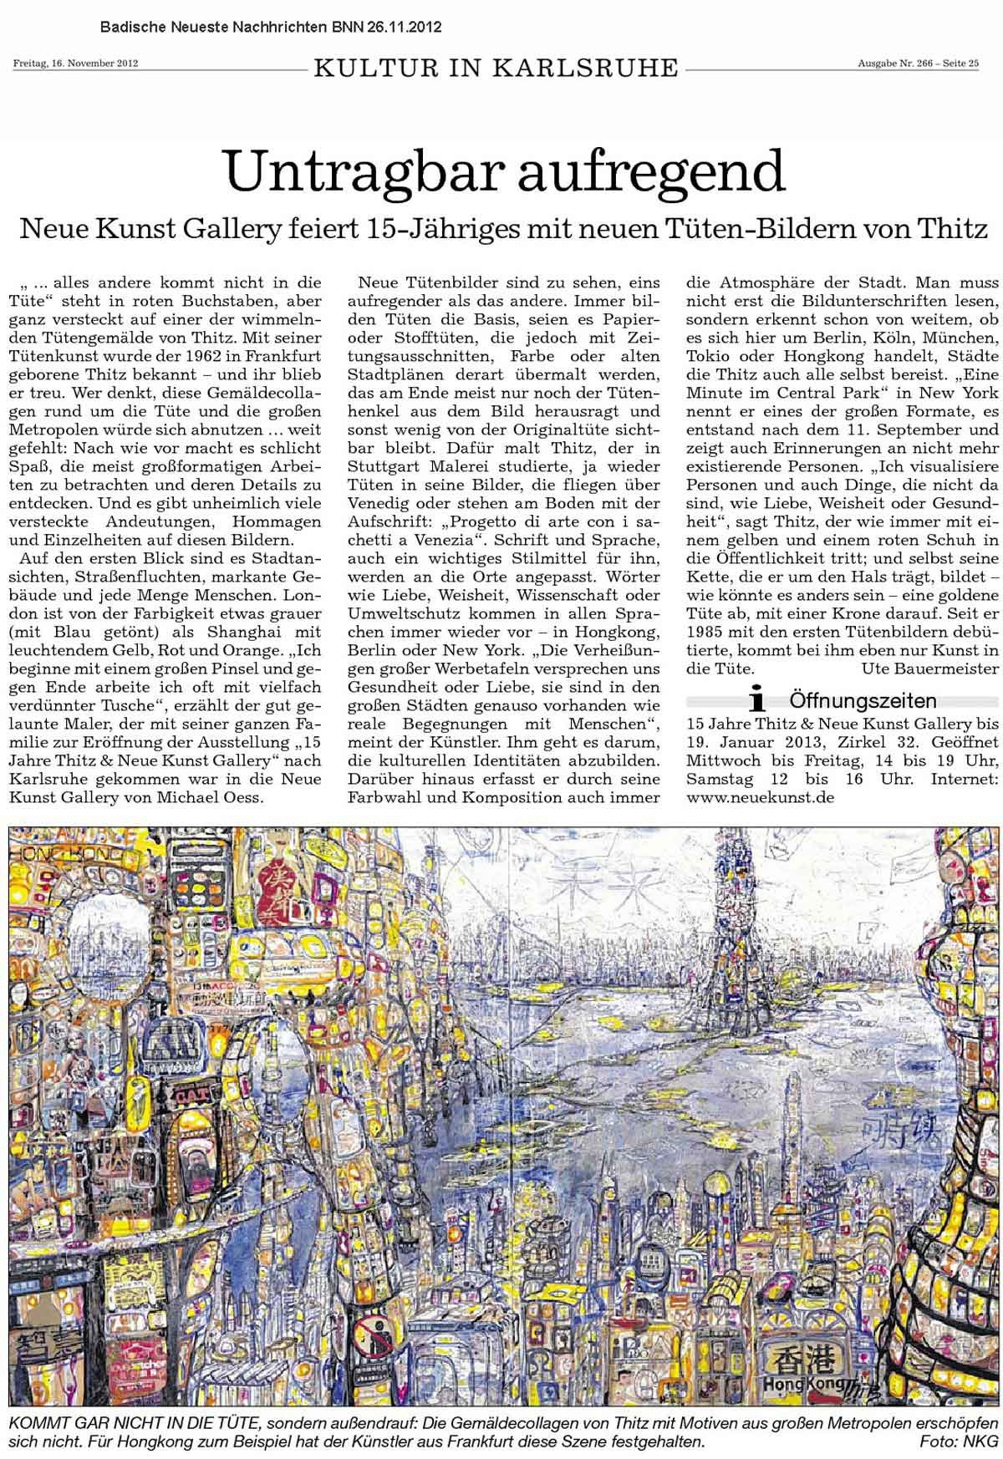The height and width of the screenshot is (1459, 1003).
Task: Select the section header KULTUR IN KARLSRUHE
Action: pos(496,68)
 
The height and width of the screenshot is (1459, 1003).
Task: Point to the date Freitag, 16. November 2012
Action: pos(75,63)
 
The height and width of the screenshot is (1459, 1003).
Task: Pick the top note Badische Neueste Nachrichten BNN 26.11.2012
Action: pos(271,28)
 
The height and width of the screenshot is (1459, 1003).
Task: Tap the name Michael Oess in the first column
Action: pos(221,774)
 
